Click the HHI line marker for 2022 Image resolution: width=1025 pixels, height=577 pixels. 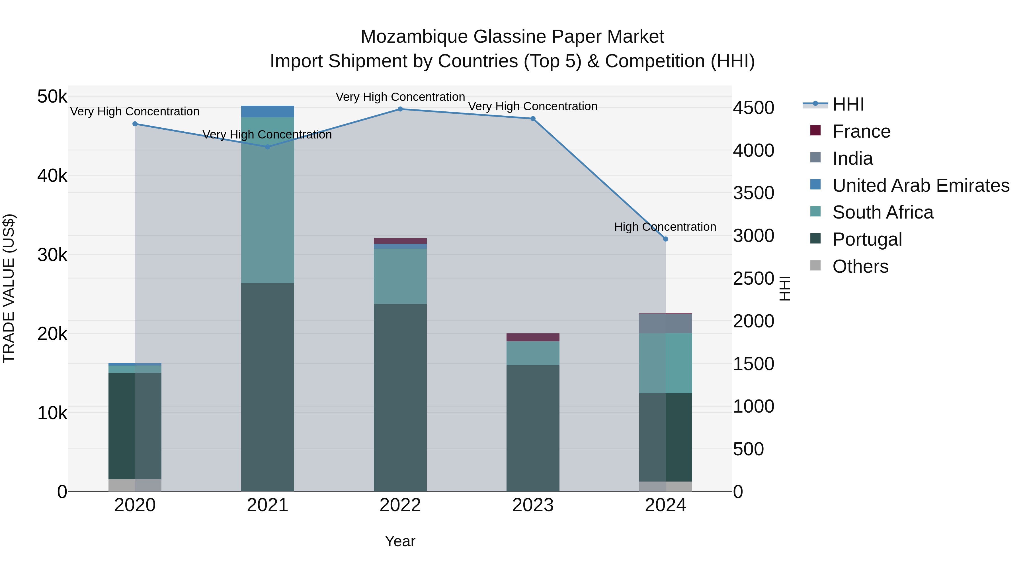tap(400, 109)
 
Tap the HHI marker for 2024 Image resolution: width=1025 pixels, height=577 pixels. tap(666, 239)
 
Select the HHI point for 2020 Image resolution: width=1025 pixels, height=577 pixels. tap(135, 124)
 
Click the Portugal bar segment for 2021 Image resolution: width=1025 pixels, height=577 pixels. tap(267, 386)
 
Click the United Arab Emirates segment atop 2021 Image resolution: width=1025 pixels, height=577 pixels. tap(267, 111)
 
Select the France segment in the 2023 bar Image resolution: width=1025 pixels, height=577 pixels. tap(533, 337)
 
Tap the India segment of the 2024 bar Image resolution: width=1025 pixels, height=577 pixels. tap(666, 323)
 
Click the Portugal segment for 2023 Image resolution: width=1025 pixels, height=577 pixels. tap(533, 428)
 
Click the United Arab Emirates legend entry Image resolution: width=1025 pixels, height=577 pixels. tap(921, 185)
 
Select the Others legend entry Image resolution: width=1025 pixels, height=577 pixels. tap(860, 266)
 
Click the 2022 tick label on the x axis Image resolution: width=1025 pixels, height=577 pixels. tap(400, 505)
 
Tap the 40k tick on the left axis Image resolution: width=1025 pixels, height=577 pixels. tap(52, 176)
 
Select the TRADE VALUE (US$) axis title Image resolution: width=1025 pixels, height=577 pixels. tap(9, 288)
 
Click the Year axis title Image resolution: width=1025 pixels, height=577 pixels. tap(400, 541)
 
